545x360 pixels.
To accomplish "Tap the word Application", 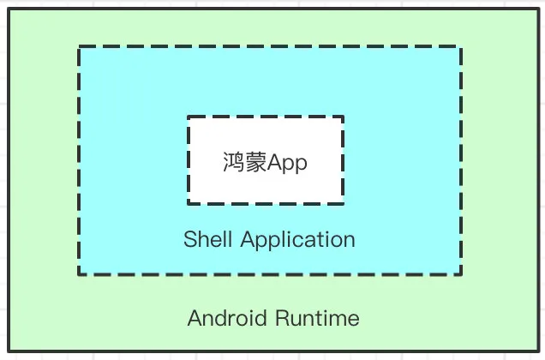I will coord(297,239).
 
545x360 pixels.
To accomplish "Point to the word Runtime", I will coord(317,319).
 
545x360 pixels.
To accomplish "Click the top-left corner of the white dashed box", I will coord(189,117).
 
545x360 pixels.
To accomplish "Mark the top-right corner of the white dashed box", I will coord(344,117).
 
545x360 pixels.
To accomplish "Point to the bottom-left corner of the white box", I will coord(189,203).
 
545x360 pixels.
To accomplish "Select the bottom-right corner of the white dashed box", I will coord(344,203).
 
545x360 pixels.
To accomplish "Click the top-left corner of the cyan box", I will coord(79,48).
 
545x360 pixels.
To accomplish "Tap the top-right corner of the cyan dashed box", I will coord(461,48).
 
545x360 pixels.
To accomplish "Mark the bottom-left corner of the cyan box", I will coord(79,274).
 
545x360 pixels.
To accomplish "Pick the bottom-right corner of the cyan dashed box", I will coord(461,274).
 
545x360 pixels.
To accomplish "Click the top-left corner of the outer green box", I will coord(9,9).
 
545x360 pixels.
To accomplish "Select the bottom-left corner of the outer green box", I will coord(9,351).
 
